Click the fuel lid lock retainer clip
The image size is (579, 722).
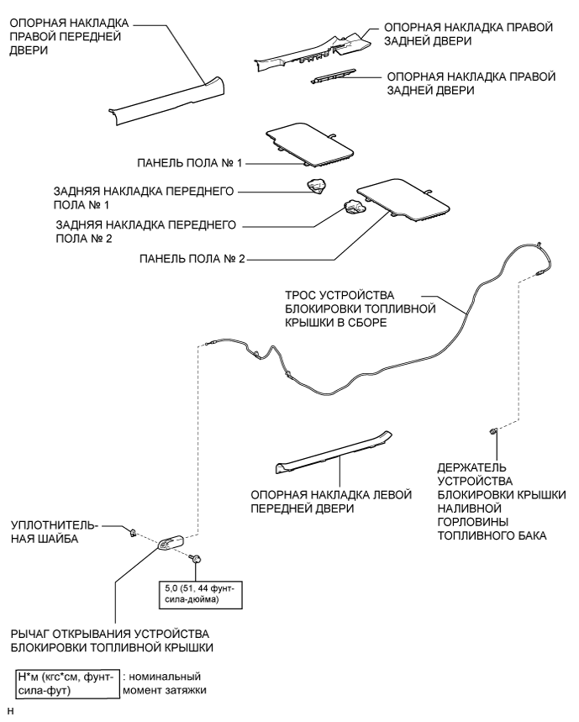coord(493,432)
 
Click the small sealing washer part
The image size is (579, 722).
coord(133,531)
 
